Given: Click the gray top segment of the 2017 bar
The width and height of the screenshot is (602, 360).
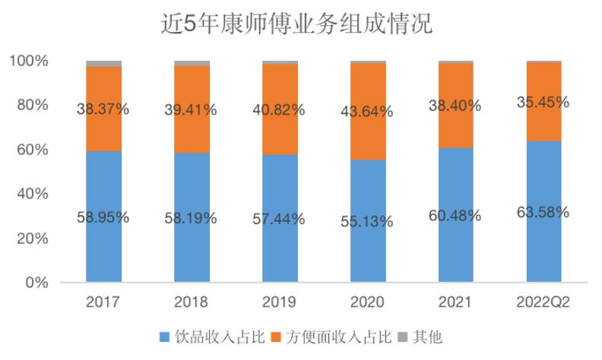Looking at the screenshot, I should tap(103, 63).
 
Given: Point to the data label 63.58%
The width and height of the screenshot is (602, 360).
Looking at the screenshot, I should tap(543, 212).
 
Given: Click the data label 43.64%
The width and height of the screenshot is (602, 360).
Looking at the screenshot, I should tap(367, 112).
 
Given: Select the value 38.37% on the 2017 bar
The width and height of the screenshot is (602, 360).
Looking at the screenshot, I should tap(103, 109).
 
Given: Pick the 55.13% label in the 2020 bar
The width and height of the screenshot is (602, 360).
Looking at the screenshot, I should tap(367, 222).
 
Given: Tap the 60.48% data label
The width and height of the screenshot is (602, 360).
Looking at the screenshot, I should tap(455, 216).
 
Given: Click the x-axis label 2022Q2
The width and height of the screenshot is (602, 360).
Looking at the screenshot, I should tap(543, 302).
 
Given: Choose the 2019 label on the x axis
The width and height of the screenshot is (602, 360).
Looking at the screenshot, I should tap(280, 302).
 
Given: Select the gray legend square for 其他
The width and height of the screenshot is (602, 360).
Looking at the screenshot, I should tap(403, 336).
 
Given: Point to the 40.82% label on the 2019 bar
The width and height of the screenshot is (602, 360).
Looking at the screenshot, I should tap(280, 109).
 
